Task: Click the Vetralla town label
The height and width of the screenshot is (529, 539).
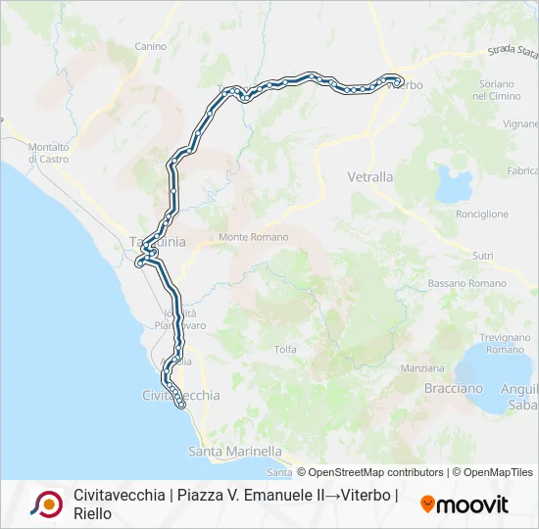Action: (370, 177)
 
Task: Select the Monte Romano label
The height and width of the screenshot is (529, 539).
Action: (253, 237)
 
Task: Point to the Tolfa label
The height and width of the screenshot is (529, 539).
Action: (285, 349)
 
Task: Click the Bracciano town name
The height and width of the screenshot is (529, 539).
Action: (453, 388)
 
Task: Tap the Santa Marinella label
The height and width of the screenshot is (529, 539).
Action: (234, 452)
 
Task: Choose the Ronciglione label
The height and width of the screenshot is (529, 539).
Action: (482, 214)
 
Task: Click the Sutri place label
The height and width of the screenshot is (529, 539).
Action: (482, 255)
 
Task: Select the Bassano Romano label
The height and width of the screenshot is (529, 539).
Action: (466, 283)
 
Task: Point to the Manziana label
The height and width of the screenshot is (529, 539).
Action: (423, 368)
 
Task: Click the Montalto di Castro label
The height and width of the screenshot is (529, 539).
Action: (48, 152)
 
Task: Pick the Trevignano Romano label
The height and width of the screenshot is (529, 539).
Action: (505, 343)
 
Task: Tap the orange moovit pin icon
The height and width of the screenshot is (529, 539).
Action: (427, 505)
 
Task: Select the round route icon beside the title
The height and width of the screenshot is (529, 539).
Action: (46, 504)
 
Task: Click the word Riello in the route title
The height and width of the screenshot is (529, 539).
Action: (93, 513)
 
